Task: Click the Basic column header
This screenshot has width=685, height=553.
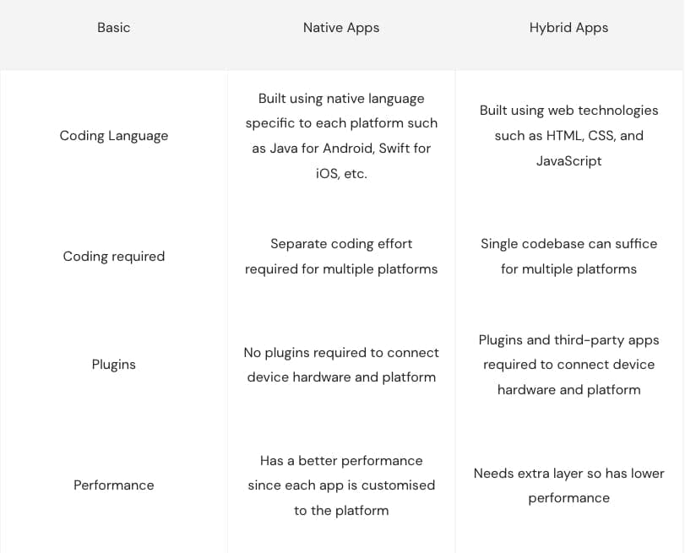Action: tap(113, 28)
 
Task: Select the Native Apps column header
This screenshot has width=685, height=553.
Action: tap(341, 28)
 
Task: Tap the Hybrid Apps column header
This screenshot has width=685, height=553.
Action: tap(568, 28)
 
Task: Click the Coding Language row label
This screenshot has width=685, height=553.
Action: tap(113, 136)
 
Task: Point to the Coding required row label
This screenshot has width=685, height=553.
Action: tap(113, 257)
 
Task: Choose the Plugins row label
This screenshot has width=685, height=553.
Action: tap(113, 364)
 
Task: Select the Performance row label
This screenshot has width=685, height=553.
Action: tap(113, 485)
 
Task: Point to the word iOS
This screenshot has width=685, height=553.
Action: tap(327, 174)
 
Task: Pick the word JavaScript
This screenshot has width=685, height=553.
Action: tap(568, 161)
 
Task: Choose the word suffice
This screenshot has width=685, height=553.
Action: tap(636, 244)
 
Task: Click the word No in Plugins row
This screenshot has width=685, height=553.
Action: tap(253, 353)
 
